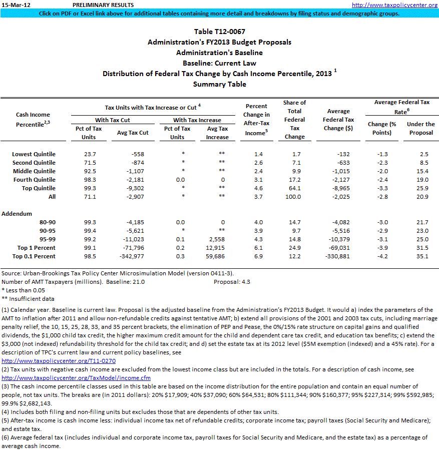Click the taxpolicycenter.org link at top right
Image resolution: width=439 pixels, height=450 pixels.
point(394,5)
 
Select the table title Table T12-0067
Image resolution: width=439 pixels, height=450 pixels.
point(219,32)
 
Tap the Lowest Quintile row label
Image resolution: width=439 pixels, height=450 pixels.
point(34,154)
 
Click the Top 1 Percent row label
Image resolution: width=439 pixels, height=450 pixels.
point(37,248)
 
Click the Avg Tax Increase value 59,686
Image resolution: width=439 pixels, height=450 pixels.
point(218,256)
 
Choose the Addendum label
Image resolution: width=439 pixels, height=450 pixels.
point(17,213)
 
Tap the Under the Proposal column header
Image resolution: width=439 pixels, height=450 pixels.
point(421,128)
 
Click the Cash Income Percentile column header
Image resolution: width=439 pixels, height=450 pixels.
point(33,119)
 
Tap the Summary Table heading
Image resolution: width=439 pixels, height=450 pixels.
point(219,84)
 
